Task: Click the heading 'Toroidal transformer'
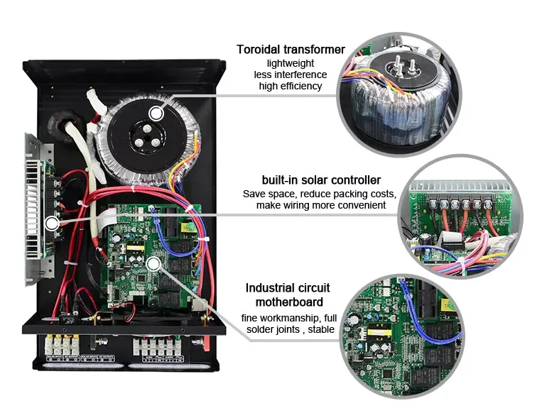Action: [x=291, y=50]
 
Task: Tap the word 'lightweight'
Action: [x=291, y=63]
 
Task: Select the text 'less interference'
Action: [x=291, y=75]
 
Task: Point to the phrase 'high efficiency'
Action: [x=291, y=86]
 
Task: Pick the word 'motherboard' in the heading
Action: [x=288, y=302]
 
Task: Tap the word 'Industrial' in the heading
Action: [x=271, y=288]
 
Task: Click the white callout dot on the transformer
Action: [x=156, y=112]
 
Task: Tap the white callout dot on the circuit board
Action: [x=153, y=263]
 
